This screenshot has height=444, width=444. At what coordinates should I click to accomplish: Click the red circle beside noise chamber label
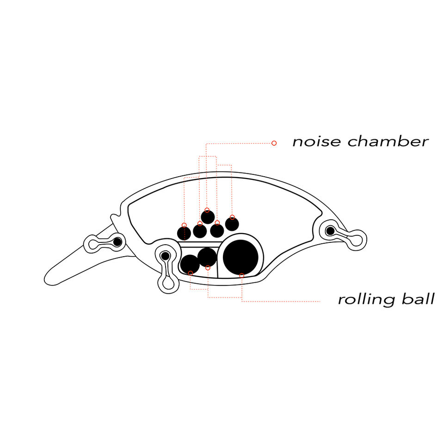[274, 143]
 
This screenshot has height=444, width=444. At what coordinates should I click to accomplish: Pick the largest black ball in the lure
[240, 257]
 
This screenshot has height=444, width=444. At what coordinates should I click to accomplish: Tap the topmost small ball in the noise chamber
[208, 216]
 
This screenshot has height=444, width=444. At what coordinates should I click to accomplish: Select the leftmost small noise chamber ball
[184, 233]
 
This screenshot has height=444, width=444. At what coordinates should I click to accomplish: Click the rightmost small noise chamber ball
[232, 224]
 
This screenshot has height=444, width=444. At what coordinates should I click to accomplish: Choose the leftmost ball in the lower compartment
[190, 264]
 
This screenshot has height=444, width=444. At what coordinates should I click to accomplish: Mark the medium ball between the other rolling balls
[207, 257]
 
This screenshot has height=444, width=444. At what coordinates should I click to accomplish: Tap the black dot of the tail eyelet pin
[330, 230]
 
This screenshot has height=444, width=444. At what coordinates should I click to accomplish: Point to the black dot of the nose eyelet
[117, 241]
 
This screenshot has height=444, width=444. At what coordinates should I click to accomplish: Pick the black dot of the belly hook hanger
[165, 255]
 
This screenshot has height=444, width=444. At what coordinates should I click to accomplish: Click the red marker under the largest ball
[241, 276]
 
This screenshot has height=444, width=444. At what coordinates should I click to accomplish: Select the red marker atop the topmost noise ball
[207, 210]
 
